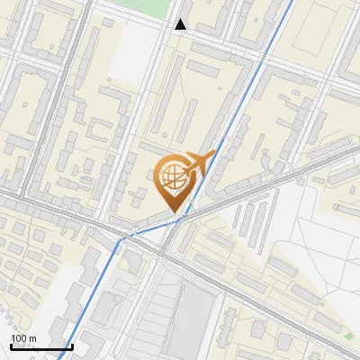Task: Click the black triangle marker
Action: point(181,25)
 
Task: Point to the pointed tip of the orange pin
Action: point(173,212)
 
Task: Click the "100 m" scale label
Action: point(23,338)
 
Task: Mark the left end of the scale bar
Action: point(11,346)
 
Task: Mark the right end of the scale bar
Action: point(72,346)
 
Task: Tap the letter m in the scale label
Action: point(32,338)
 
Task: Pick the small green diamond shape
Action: point(348,336)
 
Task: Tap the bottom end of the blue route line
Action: point(60,357)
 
